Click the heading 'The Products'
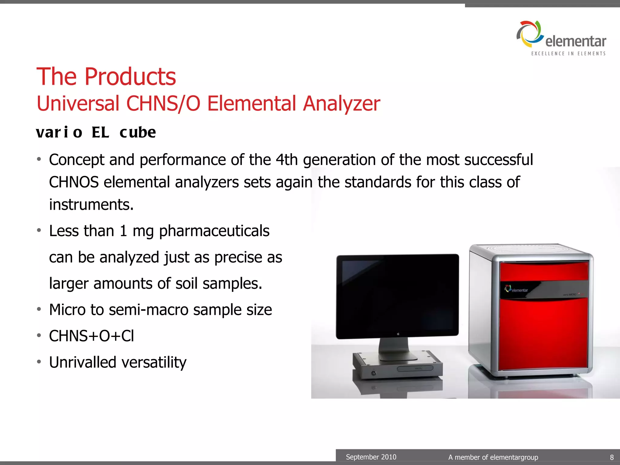[106, 77]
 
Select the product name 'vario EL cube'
[96, 133]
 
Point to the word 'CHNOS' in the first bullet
[74, 182]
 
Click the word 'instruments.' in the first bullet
[91, 205]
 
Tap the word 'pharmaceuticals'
[214, 231]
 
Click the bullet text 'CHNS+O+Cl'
[91, 336]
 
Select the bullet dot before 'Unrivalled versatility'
[39, 362]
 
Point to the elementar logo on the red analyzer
[516, 289]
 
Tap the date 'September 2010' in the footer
[371, 457]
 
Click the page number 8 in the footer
[612, 457]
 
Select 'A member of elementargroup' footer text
[493, 457]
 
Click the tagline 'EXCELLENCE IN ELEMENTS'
[568, 54]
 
